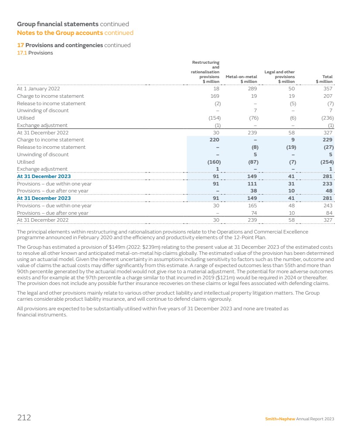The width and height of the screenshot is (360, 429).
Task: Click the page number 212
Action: coord(24,418)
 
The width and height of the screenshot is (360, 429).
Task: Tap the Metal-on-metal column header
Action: coord(241,79)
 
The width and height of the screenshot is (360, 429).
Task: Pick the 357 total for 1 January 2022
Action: coord(328,89)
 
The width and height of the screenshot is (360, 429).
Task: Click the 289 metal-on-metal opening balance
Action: coord(252,89)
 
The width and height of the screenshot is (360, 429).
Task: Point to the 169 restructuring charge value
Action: coord(215,96)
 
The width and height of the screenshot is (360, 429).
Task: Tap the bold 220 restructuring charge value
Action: coord(214,140)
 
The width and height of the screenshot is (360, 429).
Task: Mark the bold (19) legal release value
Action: coord(291,147)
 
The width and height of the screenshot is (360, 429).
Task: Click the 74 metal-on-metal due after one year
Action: coord(254,213)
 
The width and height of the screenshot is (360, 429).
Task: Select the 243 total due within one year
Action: coord(328,206)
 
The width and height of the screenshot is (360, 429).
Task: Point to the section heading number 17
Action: coord(20,45)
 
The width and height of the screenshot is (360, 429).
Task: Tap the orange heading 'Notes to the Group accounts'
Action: coord(60,33)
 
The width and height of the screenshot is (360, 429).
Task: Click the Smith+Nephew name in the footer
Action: coord(280,419)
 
